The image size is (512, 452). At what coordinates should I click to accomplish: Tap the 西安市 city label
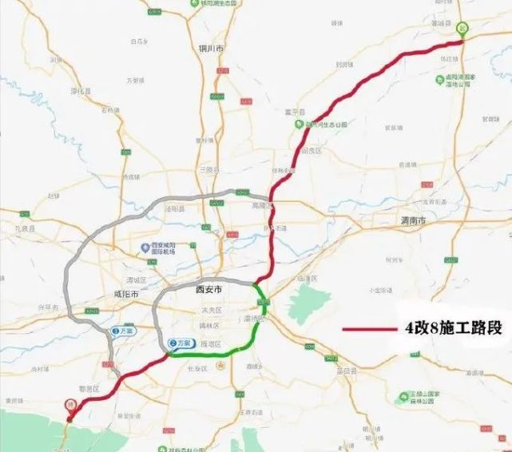pos(207,291)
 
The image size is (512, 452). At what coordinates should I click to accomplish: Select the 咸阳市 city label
pos(126,295)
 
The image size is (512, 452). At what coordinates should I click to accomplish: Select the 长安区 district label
pos(197,368)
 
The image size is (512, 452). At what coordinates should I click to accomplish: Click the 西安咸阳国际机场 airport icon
pos(145,248)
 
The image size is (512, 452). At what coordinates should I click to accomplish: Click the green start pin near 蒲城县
pos(461,29)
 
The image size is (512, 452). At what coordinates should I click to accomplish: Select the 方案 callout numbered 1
pos(124,330)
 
